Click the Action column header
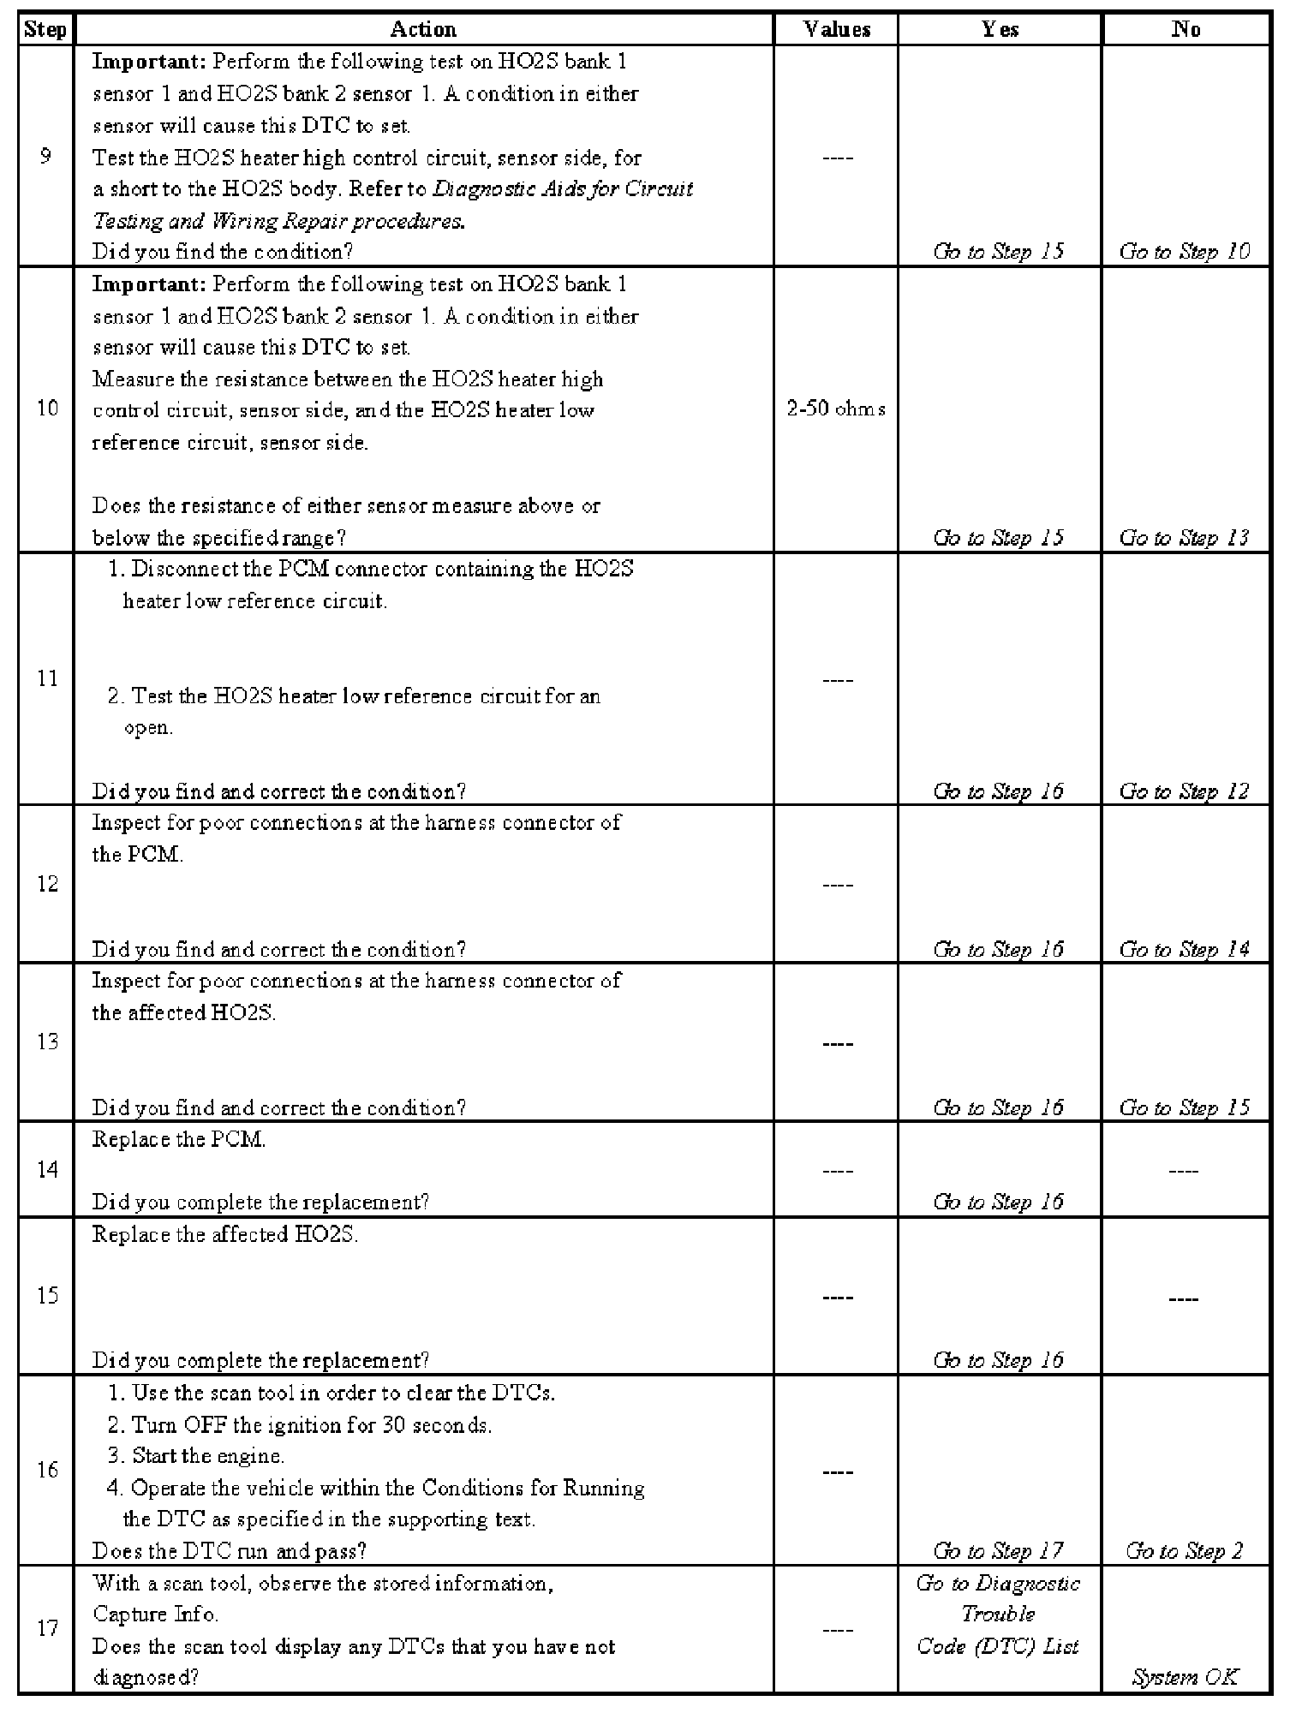pos(423,30)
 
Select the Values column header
pos(837,30)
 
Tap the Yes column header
pos(1000,30)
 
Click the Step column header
pos(45,30)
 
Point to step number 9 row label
pos(46,157)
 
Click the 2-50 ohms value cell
pos(836,409)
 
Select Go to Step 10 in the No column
pos(1185,252)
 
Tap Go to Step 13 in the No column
pos(1185,538)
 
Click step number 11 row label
pos(47,678)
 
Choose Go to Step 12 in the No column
pos(1185,791)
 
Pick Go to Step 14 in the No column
pos(1185,950)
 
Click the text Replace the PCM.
pos(178,1140)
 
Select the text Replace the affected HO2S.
pos(224,1235)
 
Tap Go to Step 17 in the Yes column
pos(999,1551)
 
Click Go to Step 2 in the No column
pos(1185,1551)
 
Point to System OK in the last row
pos(1185,1677)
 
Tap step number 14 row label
pos(47,1170)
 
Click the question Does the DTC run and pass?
pos(230,1551)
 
